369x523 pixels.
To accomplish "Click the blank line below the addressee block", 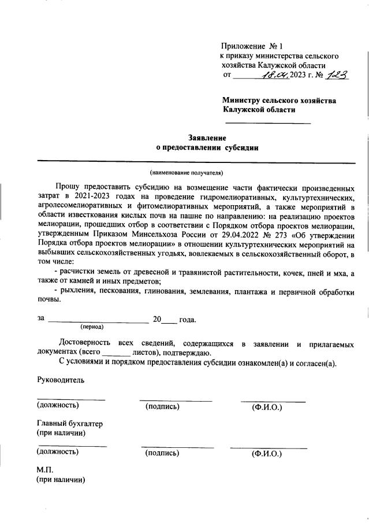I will pyautogui.click(x=267, y=123).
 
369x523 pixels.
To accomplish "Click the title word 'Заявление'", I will pyautogui.click(x=207, y=138).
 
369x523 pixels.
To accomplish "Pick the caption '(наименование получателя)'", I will pyautogui.click(x=186, y=172).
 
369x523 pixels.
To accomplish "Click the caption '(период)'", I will pyautogui.click(x=93, y=327).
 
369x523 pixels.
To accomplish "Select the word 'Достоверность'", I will pyautogui.click(x=84, y=343).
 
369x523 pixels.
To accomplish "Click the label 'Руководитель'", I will pyautogui.click(x=61, y=380).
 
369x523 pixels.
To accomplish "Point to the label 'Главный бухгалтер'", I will pyautogui.click(x=69, y=424).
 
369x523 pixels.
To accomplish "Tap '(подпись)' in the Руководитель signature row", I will pyautogui.click(x=163, y=407).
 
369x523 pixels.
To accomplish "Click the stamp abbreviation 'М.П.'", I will pyautogui.click(x=45, y=470).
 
